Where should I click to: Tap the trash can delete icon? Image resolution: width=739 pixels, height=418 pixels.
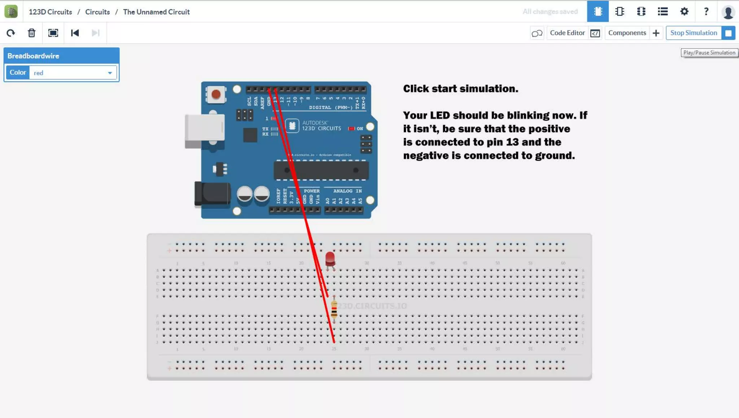click(x=32, y=33)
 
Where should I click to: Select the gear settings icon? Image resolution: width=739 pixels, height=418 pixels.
click(x=684, y=12)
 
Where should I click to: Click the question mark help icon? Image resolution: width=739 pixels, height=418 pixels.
click(x=706, y=12)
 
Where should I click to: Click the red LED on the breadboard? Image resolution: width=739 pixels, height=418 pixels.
click(x=330, y=259)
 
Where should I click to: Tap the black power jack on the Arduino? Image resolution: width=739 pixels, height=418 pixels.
click(x=212, y=194)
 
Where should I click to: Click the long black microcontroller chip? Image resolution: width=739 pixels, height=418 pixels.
click(x=321, y=170)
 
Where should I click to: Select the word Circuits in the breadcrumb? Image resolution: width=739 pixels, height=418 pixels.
click(x=97, y=12)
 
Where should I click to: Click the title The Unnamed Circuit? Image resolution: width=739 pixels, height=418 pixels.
click(x=156, y=12)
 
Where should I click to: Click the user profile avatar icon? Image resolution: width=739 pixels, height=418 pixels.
click(x=728, y=12)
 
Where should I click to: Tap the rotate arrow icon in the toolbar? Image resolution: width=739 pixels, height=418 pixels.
click(x=11, y=33)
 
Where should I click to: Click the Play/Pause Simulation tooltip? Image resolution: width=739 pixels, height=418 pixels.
click(x=709, y=53)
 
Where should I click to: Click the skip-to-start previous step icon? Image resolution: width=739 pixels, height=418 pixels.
click(x=75, y=33)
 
